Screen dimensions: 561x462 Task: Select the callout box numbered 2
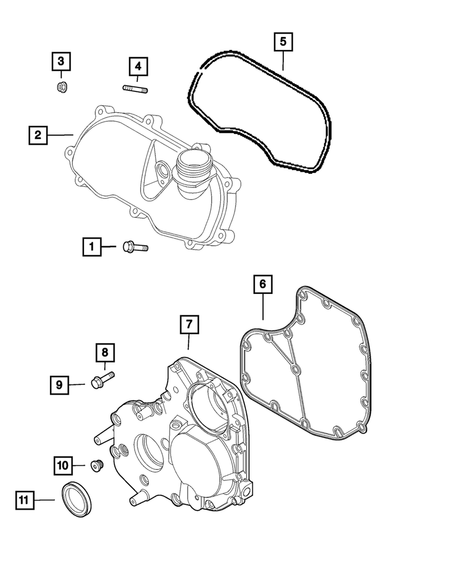point(38,135)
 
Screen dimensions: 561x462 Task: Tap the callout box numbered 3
point(62,61)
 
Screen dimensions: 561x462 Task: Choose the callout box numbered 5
point(283,42)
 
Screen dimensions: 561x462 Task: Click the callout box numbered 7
point(189,324)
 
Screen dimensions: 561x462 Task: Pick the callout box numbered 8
point(105,353)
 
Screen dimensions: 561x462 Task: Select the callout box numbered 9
point(59,385)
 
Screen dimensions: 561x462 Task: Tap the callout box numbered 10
point(63,465)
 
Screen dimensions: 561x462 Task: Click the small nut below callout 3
point(62,87)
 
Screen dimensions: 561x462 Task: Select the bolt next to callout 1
point(133,246)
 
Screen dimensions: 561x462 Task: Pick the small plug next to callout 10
point(97,465)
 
